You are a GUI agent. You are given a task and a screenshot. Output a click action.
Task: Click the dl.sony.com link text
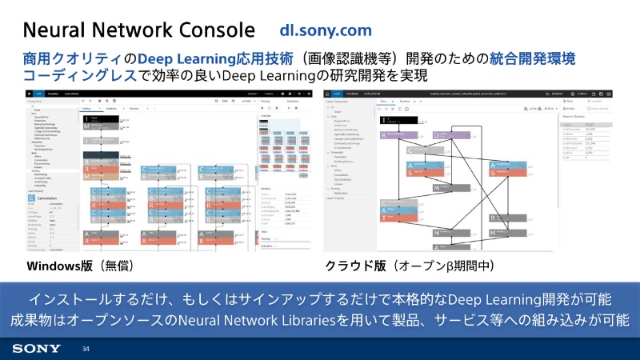326,30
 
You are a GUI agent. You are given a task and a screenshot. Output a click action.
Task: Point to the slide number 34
86,350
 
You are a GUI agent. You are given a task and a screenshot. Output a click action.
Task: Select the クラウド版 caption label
354,266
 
